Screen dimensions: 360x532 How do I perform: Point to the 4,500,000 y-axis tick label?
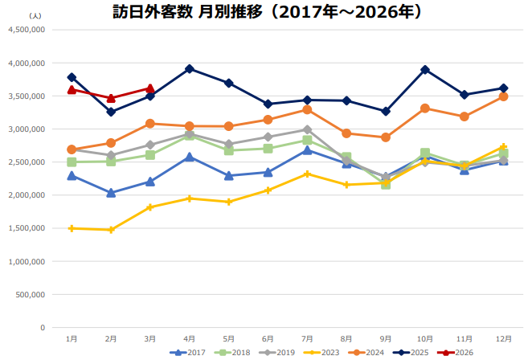[25, 30]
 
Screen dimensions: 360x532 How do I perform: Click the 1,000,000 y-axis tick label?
[25, 262]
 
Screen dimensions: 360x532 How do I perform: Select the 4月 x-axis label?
[189, 338]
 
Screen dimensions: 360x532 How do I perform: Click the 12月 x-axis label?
[503, 338]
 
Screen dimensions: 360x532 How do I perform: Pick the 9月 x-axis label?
[386, 338]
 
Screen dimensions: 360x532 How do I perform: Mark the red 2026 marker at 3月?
[149, 88]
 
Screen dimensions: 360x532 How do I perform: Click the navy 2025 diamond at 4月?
[189, 69]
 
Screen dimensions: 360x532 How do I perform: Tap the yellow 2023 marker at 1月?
[72, 228]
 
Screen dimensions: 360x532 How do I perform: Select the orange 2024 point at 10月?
[425, 108]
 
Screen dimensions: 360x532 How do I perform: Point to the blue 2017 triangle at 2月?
[111, 193]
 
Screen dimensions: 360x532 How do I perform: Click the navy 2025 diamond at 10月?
[425, 70]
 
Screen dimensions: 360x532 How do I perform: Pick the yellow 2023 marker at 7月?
[307, 174]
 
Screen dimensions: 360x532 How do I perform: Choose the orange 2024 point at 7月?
[307, 109]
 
